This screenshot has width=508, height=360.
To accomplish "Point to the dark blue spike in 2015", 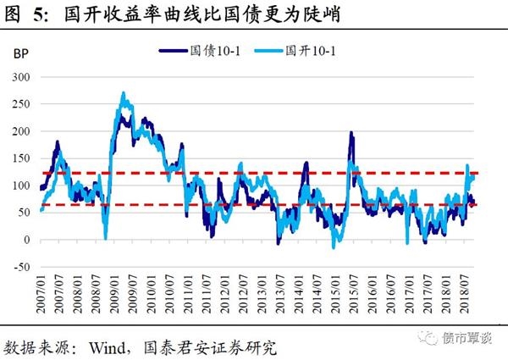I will click(351, 133).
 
